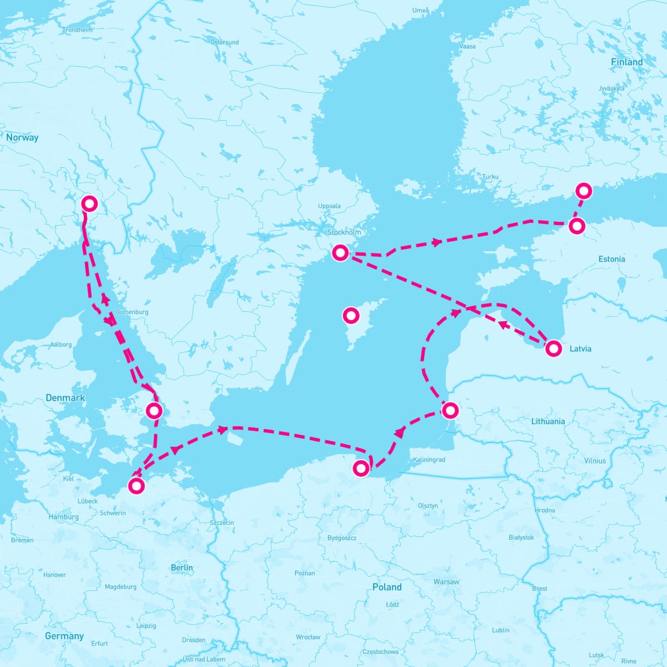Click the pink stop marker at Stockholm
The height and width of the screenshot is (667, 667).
coord(340,253)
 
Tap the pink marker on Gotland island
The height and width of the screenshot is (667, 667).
coord(351,316)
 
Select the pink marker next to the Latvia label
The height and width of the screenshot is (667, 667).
coord(553,349)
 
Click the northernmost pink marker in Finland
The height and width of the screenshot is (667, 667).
coord(584,191)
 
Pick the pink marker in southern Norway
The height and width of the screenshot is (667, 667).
coord(89,204)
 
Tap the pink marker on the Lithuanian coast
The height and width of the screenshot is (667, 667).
coord(450,411)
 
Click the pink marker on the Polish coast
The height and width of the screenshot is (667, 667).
coord(361,469)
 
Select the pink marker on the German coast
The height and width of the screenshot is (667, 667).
coord(136,485)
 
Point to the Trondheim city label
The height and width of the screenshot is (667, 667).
coord(78,30)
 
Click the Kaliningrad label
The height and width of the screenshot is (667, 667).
coord(429,460)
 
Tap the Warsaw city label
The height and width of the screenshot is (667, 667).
coord(446,582)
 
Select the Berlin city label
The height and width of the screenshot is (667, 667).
coord(182,568)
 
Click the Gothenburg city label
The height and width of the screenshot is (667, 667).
coord(132,312)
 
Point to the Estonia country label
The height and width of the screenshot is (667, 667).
coord(611,259)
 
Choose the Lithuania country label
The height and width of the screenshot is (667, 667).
coord(547,421)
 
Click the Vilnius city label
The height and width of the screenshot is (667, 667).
coord(595,461)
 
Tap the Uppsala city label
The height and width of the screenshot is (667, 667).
coord(329,206)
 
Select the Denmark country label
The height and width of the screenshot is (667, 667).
coord(65,398)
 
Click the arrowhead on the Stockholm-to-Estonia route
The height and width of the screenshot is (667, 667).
coord(437,242)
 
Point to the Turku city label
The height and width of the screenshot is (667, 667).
coord(490,177)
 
